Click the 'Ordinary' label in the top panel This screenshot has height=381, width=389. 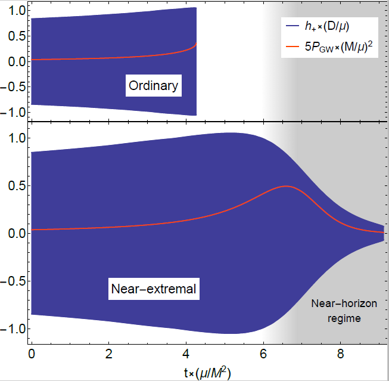[x=153, y=86]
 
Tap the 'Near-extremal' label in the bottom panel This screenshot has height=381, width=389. [x=154, y=290]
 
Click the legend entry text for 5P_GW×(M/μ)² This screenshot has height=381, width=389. [x=341, y=45]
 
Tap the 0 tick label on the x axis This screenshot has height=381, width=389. [x=31, y=353]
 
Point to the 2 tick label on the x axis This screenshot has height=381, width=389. [x=108, y=353]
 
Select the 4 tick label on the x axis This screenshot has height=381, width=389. [x=186, y=353]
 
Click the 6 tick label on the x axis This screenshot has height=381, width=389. [x=263, y=353]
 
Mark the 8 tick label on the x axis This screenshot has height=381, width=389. [x=340, y=353]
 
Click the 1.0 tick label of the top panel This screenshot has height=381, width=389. [x=15, y=10]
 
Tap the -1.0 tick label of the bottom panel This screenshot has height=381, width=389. [x=13, y=329]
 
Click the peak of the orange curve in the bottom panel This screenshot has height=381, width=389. [x=287, y=186]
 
